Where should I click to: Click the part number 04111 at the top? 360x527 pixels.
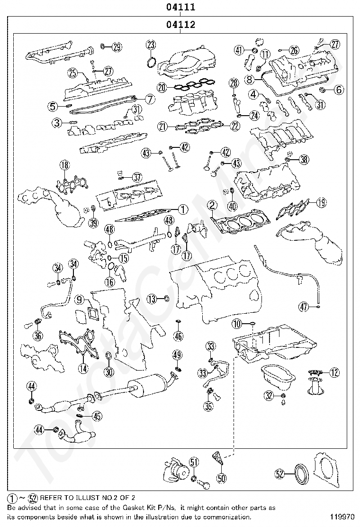[x=180, y=7]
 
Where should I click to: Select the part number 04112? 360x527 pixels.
[x=180, y=24]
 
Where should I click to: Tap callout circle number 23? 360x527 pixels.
[x=151, y=45]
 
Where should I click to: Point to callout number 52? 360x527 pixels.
[x=280, y=474]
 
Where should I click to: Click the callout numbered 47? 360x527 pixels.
[x=304, y=307]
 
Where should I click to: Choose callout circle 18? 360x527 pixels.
[x=64, y=165]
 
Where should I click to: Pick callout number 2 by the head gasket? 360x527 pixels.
[x=212, y=205]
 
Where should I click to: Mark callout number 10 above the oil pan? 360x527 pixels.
[x=237, y=324]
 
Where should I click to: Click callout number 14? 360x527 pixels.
[x=83, y=368]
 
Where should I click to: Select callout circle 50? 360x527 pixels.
[x=221, y=478]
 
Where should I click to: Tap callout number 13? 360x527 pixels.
[x=152, y=299]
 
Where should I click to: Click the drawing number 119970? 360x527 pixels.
[x=340, y=516]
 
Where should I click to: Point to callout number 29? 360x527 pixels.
[x=117, y=47]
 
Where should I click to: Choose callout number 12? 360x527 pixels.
[x=334, y=373]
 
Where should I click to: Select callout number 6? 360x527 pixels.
[x=339, y=90]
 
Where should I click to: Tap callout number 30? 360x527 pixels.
[x=109, y=372]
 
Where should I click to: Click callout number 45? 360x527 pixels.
[x=97, y=417]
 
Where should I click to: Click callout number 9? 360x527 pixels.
[x=79, y=299]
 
